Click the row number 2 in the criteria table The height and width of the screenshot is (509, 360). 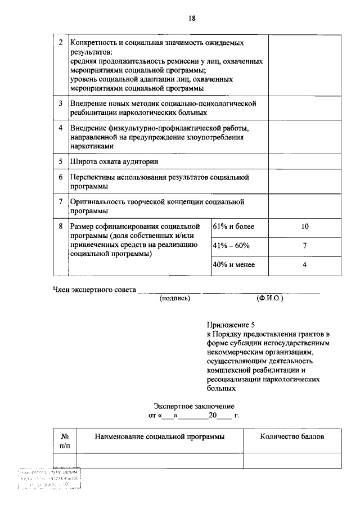point(61,43)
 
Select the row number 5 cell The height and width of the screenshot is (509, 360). point(61,161)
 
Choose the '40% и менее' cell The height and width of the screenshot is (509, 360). point(233,265)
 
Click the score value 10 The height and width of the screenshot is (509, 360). point(304,227)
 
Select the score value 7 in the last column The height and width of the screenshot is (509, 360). point(304,246)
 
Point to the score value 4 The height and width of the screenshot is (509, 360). point(304,265)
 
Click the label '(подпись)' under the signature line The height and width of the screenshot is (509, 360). point(175,298)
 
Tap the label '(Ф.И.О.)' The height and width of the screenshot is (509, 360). point(269,298)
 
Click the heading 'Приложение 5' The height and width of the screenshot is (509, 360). point(231,325)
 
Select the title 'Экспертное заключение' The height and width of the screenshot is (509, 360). point(194,406)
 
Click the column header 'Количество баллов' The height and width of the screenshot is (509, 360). point(292,436)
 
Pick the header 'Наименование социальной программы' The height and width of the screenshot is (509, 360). point(160,436)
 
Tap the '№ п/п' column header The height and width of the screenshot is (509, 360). point(65,441)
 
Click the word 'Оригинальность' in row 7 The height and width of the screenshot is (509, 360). point(97,201)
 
